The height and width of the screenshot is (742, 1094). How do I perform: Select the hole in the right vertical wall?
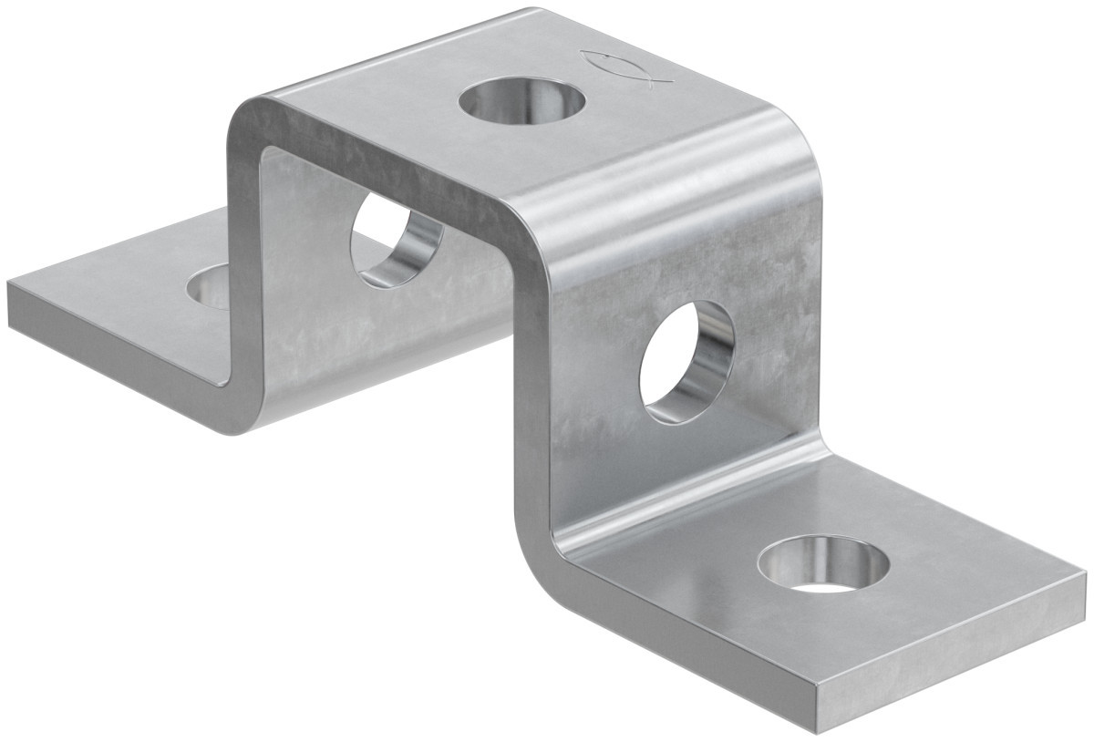pyautogui.click(x=686, y=362)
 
